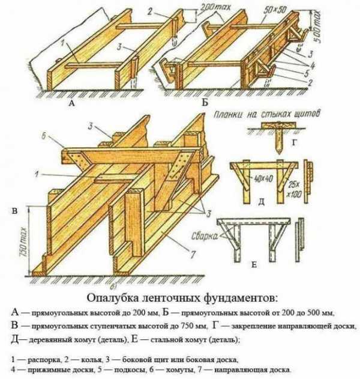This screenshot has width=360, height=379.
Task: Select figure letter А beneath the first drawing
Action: coord(73,104)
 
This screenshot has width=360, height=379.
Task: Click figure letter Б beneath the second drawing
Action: coord(205,103)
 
